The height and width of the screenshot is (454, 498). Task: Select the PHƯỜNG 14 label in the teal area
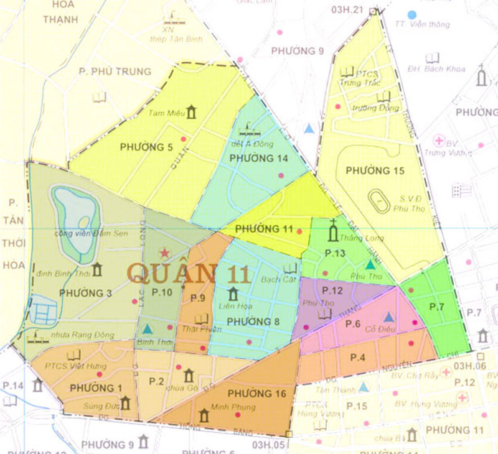coord(258,159)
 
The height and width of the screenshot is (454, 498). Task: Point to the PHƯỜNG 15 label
coord(375,170)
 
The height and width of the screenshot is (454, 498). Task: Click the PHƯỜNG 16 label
coord(256,393)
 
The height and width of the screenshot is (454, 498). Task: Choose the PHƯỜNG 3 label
coord(86,292)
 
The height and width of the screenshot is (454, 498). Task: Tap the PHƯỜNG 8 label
coord(252,321)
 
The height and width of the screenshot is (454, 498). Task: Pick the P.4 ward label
coord(357,357)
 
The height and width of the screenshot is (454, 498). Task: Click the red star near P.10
coord(164,253)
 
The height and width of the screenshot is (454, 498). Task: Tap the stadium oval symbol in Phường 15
coord(378,200)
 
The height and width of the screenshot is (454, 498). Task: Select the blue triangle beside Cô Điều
coord(388,317)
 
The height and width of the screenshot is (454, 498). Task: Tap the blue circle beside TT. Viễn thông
coord(411,14)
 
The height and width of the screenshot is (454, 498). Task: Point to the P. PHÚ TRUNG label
coord(115,72)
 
